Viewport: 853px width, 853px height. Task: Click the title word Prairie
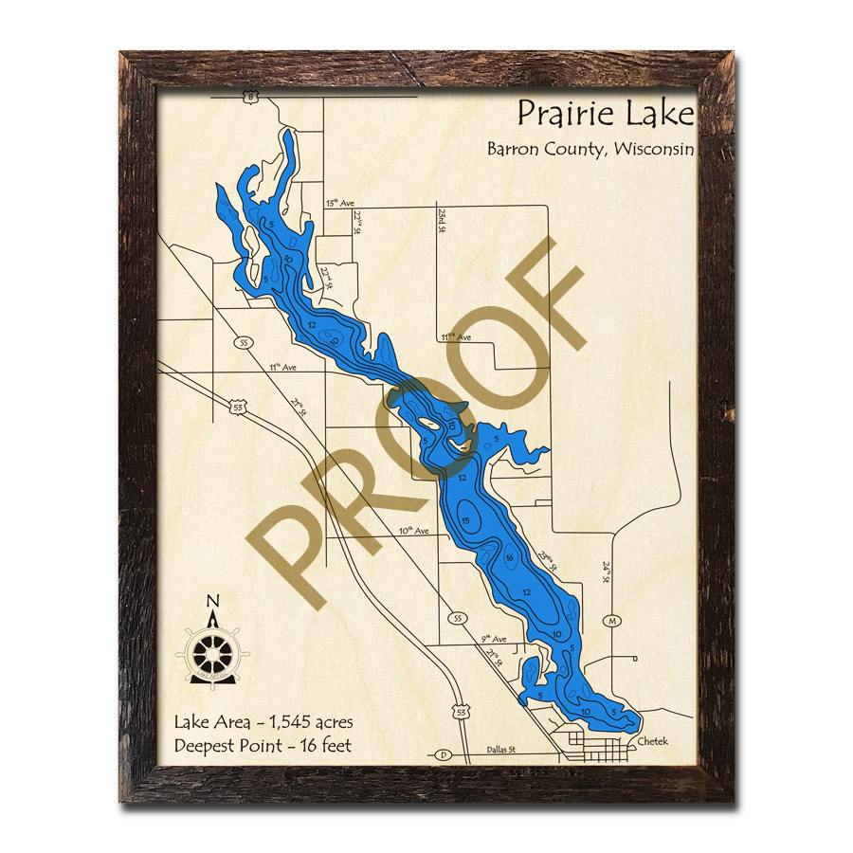tap(560, 114)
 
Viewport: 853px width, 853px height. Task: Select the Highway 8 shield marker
tap(249, 96)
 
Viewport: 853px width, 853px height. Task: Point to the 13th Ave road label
tap(337, 203)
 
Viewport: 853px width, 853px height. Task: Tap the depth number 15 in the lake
tap(465, 520)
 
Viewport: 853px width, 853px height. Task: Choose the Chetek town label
tap(653, 741)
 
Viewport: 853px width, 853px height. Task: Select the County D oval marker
tap(443, 755)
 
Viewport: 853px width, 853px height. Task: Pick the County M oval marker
tap(613, 620)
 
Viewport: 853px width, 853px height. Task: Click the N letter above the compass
tap(213, 600)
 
